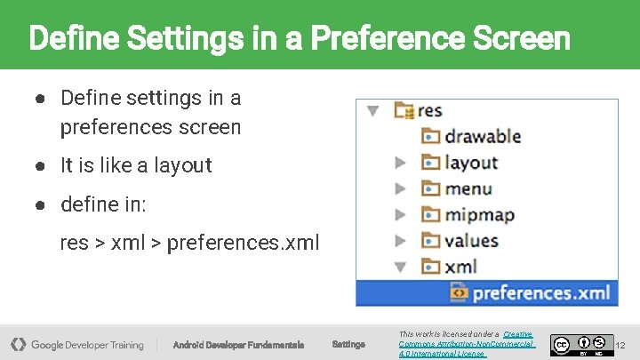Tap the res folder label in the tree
click(429, 111)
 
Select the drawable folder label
click(482, 136)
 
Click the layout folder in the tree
click(471, 163)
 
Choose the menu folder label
click(468, 188)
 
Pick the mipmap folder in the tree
click(479, 214)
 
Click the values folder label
click(471, 241)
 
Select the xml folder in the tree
click(460, 267)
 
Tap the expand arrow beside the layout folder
click(400, 163)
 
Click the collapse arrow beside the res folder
click(373, 111)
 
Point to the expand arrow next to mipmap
click(400, 215)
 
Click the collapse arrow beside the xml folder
click(400, 267)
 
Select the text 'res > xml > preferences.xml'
click(188, 243)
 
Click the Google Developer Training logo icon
click(18, 344)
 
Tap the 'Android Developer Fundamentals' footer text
click(238, 345)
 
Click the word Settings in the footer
click(348, 344)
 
